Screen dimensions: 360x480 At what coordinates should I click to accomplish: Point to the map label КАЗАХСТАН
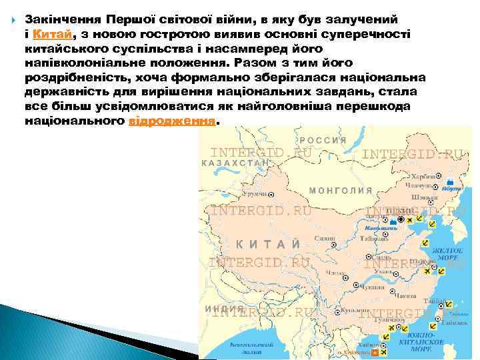234,162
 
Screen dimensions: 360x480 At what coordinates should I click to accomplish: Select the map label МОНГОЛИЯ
341,189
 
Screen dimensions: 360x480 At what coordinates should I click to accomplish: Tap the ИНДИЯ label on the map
215,309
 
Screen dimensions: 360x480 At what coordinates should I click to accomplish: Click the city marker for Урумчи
270,194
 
